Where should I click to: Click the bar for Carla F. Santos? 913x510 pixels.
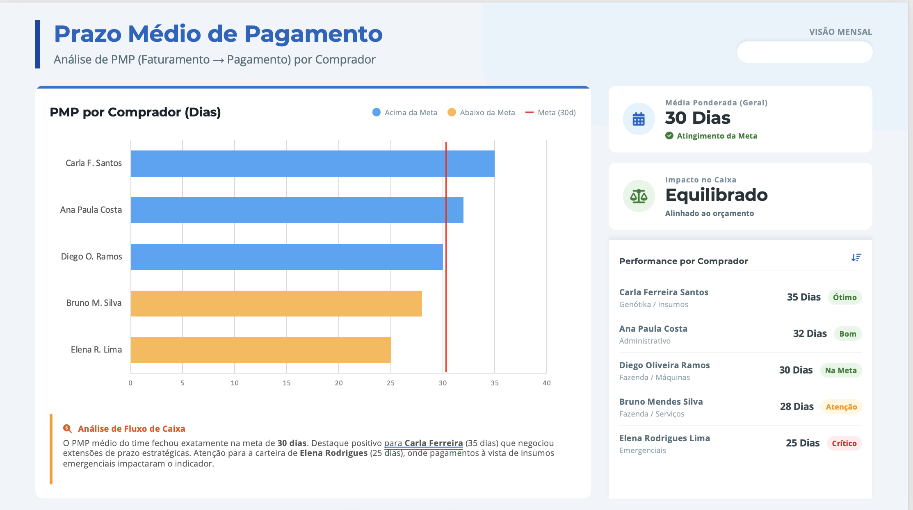pyautogui.click(x=313, y=164)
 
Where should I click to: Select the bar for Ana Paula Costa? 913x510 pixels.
pyautogui.click(x=297, y=210)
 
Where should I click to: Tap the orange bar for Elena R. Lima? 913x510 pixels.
pyautogui.click(x=261, y=350)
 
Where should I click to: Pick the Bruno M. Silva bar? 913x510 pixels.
pyautogui.click(x=276, y=303)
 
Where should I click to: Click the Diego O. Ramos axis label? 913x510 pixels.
pyautogui.click(x=91, y=257)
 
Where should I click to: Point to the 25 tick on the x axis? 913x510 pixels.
pyautogui.click(x=390, y=383)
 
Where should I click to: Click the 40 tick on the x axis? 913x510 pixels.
pyautogui.click(x=547, y=383)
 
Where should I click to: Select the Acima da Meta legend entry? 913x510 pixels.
pyautogui.click(x=405, y=112)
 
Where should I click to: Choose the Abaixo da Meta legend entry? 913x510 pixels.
pyautogui.click(x=481, y=112)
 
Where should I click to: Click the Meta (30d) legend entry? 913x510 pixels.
pyautogui.click(x=550, y=112)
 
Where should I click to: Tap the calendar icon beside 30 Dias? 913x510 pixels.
pyautogui.click(x=639, y=119)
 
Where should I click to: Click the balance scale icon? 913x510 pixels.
pyautogui.click(x=639, y=196)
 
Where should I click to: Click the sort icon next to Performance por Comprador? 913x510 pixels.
pyautogui.click(x=856, y=257)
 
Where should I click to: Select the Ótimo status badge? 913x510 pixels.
pyautogui.click(x=845, y=297)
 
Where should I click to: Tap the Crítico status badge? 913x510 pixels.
pyautogui.click(x=844, y=443)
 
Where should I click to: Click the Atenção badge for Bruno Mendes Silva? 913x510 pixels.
pyautogui.click(x=841, y=407)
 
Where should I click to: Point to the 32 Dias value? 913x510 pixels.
pyautogui.click(x=810, y=334)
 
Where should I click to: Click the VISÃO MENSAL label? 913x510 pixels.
pyautogui.click(x=840, y=32)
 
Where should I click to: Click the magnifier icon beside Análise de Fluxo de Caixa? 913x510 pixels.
pyautogui.click(x=67, y=428)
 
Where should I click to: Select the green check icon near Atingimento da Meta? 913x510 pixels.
pyautogui.click(x=669, y=136)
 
